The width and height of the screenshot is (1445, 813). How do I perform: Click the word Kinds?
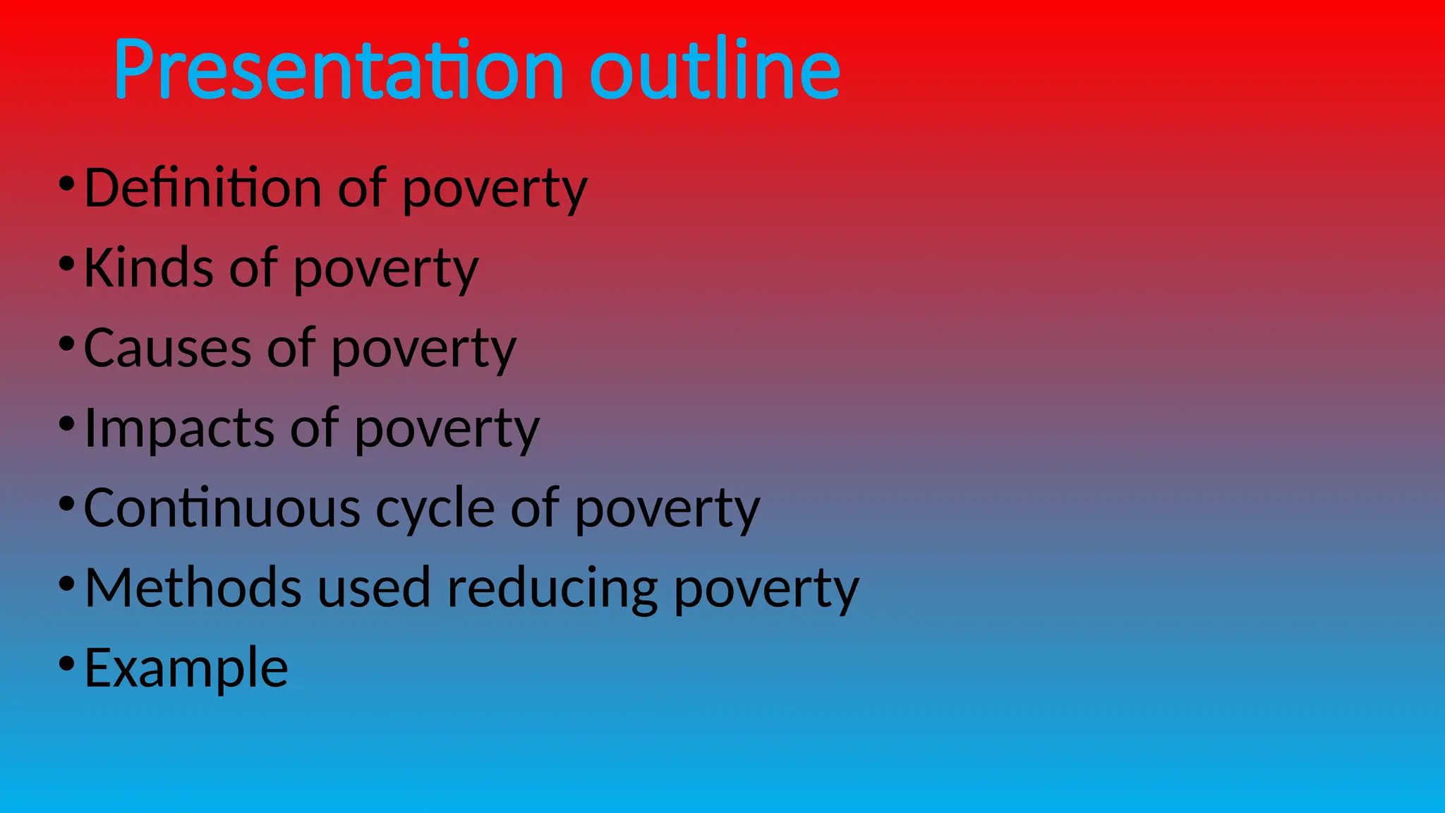pos(148,268)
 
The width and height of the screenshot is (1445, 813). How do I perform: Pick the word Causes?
pos(167,348)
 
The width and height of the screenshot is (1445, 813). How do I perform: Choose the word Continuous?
pos(222,508)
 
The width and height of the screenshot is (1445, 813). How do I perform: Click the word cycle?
pos(435,508)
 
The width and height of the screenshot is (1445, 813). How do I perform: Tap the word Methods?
pos(193,588)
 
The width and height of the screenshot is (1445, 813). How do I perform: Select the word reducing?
pos(552,588)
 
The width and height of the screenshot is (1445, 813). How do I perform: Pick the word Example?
pos(186,668)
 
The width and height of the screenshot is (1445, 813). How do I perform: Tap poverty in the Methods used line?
pos(766,589)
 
